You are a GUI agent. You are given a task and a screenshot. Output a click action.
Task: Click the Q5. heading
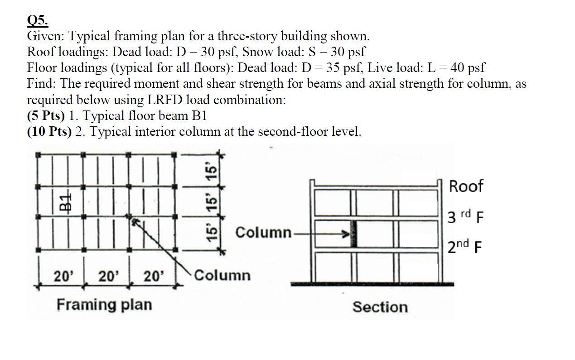(x=38, y=20)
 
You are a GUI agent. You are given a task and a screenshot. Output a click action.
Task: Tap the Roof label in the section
(x=466, y=186)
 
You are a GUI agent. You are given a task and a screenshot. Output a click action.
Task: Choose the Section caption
(x=380, y=307)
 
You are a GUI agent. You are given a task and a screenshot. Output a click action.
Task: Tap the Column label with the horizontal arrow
(x=263, y=233)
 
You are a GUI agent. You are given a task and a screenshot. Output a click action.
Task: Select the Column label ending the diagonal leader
(x=222, y=275)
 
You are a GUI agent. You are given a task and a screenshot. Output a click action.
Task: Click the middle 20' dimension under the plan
(x=108, y=275)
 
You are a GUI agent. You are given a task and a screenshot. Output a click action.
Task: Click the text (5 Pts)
(x=46, y=115)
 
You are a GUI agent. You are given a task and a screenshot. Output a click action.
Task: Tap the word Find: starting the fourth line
(x=42, y=84)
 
